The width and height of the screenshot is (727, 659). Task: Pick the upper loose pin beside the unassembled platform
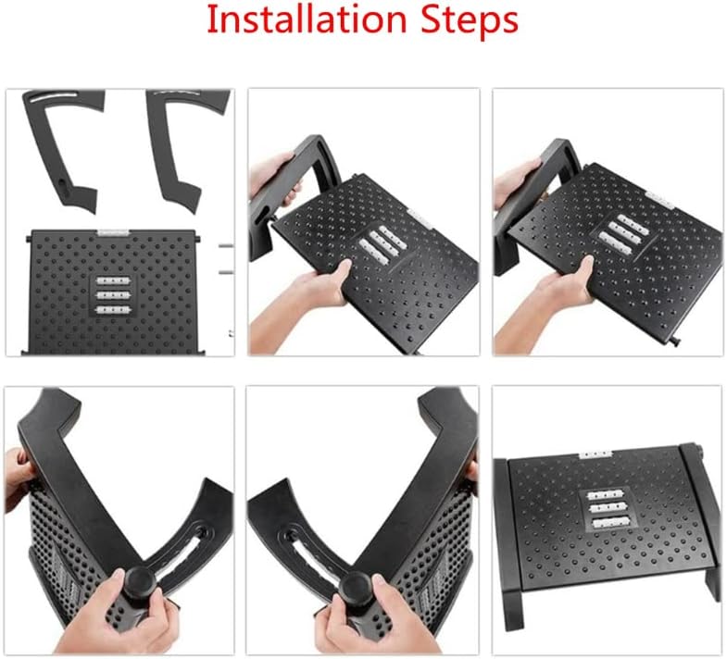[225, 247]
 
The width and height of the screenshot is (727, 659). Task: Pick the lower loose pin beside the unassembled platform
[225, 273]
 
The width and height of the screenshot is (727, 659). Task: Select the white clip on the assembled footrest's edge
[593, 454]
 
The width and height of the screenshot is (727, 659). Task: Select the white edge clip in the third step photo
[658, 198]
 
